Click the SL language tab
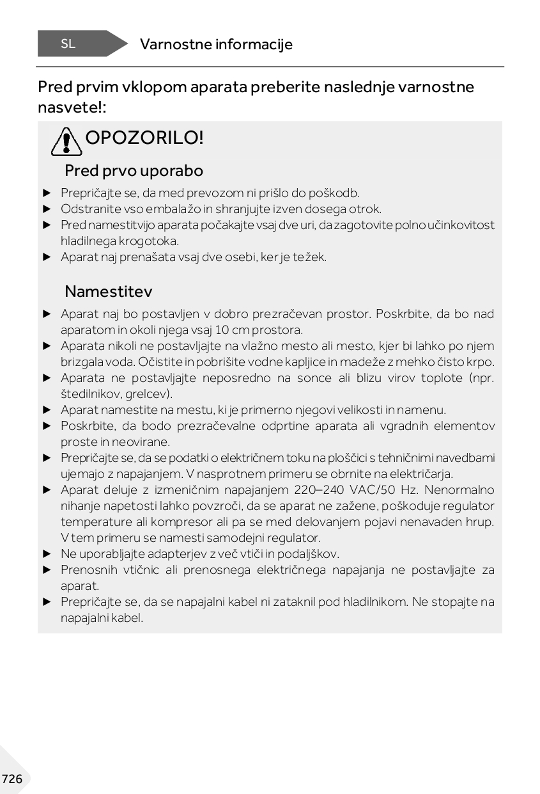pos(68,44)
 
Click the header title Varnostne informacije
pos(216,44)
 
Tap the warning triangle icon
pos(66,141)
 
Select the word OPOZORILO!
pos(144,138)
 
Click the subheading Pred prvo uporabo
pos(134,171)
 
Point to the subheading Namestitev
pos(108,292)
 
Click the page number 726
pos(12,779)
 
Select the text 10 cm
pos(228,330)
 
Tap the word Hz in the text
pos(394,490)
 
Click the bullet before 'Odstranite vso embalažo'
pos(46,209)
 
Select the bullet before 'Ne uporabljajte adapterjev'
pos(46,554)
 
